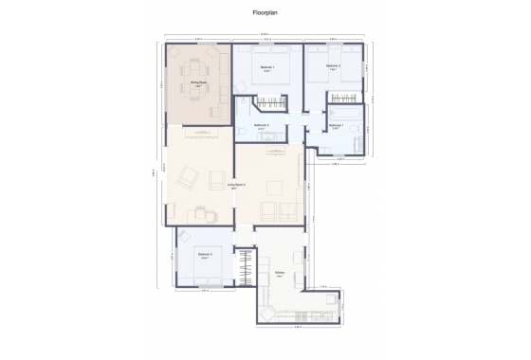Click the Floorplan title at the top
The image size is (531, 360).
coord(265,13)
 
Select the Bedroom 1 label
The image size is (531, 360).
coord(268,68)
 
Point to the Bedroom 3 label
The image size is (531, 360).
coord(333,66)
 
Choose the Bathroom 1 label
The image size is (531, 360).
coord(336,125)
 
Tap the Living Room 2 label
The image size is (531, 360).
coord(237,185)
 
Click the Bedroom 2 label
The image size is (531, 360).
coord(205,255)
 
